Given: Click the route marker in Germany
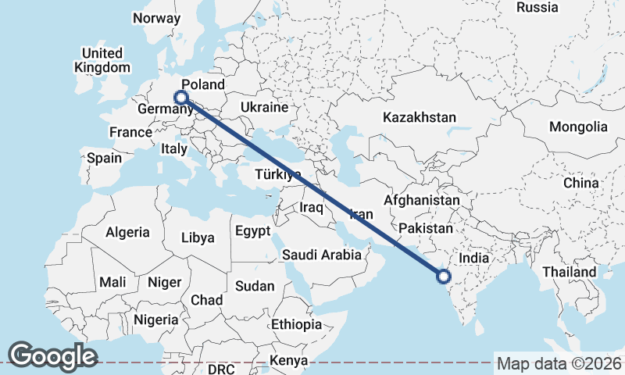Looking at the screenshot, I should pos(181,98).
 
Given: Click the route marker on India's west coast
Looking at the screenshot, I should pos(444,276).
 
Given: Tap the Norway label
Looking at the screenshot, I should pos(157,18).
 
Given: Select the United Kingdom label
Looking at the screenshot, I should pos(102,60).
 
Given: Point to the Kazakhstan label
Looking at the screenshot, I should pos(419,117).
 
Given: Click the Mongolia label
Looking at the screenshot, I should pos(578,127).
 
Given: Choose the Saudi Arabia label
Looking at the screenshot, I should pos(322,254).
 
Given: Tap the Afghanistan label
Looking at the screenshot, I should pos(421,200).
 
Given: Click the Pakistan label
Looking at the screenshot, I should pos(425,229).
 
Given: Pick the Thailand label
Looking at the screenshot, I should pos(570,272).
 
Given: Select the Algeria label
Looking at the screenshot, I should pos(127,232).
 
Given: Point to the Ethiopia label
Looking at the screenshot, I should pos(296,324).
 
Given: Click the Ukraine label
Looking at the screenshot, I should pos(265,107).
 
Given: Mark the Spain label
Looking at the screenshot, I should pos(104,158).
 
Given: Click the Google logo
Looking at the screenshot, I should pos(52,356).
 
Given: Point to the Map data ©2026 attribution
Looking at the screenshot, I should pos(559,363).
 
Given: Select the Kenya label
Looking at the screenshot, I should pos(288,361).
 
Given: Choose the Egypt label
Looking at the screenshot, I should pos(252,231).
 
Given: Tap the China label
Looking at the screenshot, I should pos(580,183).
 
